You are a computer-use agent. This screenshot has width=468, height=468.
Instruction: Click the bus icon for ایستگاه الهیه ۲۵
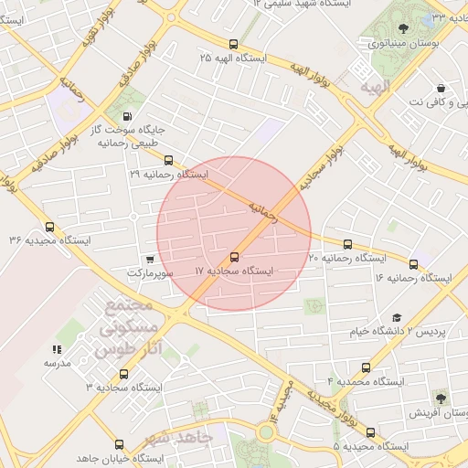[x=233, y=43]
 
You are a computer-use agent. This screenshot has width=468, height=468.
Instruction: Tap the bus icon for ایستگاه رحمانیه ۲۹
[x=168, y=160]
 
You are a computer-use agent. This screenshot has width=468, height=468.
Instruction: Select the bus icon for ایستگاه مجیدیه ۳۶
[x=49, y=228]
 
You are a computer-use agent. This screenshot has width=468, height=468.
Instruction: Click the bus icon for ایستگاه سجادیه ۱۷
[x=235, y=258]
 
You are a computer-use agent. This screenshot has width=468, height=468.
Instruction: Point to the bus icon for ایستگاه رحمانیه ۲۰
[x=348, y=244]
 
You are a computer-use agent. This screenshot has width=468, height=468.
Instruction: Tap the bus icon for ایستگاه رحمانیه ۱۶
[x=413, y=264]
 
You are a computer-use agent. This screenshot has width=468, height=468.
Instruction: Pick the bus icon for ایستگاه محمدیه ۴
[x=367, y=367]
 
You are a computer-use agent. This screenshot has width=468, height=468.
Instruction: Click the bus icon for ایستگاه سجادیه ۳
[x=123, y=374]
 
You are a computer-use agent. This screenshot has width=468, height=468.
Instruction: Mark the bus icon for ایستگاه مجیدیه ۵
[x=370, y=432]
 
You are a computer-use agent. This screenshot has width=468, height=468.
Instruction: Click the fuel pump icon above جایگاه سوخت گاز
[x=125, y=116]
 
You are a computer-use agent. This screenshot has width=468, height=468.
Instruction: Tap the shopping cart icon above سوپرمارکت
[x=150, y=260]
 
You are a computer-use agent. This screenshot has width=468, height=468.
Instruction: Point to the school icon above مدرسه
[x=57, y=349]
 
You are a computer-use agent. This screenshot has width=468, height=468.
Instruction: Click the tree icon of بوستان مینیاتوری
[x=404, y=27]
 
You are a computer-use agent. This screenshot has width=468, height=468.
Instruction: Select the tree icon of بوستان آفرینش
[x=441, y=399]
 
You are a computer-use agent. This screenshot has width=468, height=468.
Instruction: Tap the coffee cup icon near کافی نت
[x=441, y=89]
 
